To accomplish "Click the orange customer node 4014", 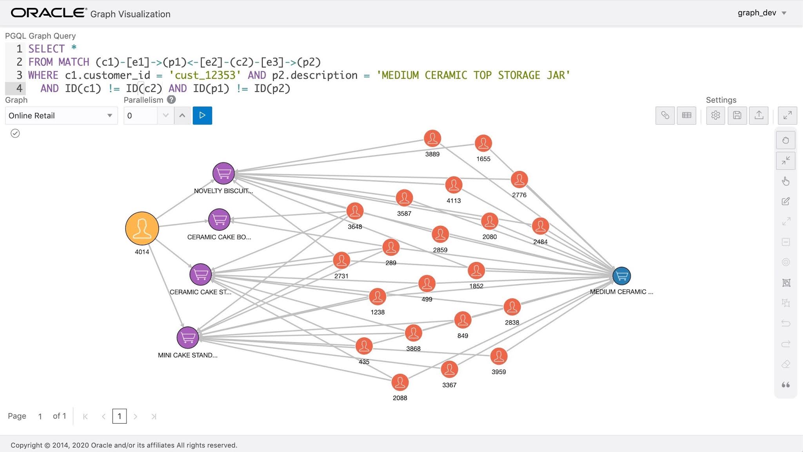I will pos(142,228).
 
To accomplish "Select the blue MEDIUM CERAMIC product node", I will pos(621,276).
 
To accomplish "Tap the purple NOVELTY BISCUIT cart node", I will pos(223,173).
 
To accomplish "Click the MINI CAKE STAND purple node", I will pos(188,337).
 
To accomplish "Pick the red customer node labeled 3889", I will pos(432,139).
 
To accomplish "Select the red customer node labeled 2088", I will pos(400,383).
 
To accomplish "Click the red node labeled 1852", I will pos(476,271).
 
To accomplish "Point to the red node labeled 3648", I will pos(355,211).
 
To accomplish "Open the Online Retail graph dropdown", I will pos(61,116).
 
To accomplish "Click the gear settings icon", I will pos(716,115).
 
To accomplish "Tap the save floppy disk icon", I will pos(737,115).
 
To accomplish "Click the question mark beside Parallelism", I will pos(171,100).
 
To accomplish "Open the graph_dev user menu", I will pos(761,13).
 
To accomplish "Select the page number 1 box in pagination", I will pos(120,416).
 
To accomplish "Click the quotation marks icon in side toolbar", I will pos(786,385).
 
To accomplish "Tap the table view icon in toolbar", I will pos(687,115).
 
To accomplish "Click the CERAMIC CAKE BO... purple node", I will pos(219,219).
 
